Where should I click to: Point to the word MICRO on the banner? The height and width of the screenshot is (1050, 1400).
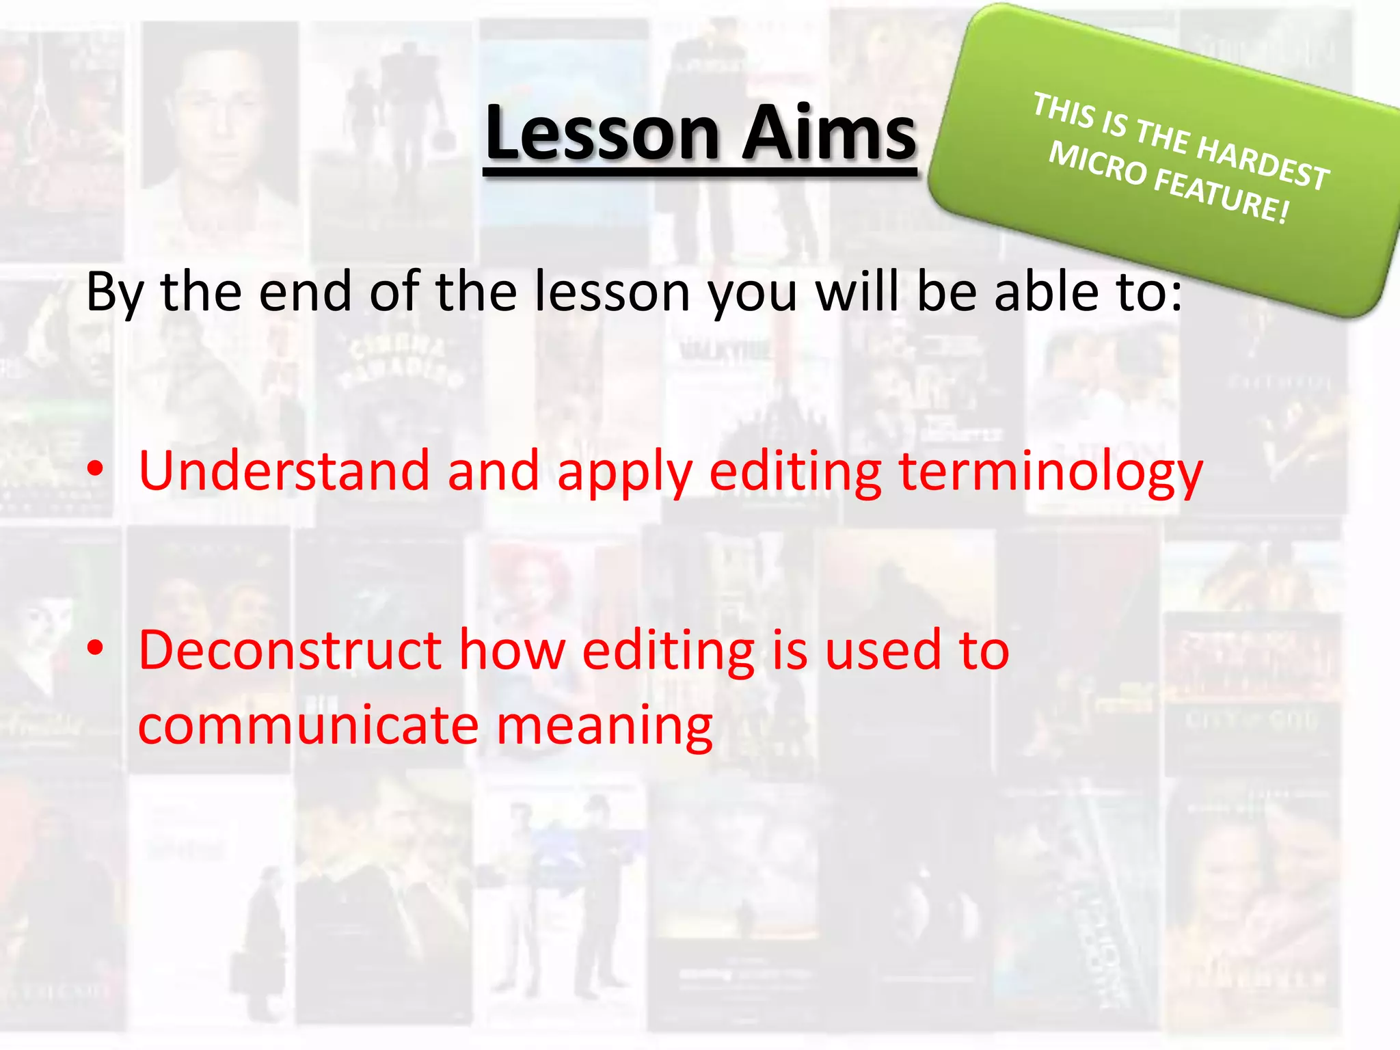(1097, 164)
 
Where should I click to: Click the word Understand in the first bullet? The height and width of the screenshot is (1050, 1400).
(284, 471)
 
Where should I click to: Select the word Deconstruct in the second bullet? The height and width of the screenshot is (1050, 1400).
(290, 650)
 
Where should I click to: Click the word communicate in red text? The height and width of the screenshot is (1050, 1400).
(308, 725)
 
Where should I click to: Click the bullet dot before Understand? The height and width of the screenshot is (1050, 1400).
(96, 470)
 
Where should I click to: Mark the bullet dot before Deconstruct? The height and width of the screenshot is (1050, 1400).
(96, 648)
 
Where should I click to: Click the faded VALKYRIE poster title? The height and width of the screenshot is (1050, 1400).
(725, 352)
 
